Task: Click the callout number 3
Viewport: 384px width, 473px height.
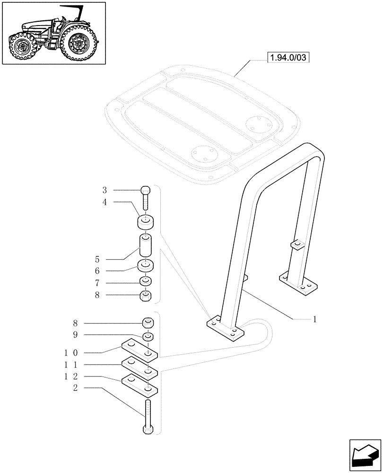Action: click(105, 190)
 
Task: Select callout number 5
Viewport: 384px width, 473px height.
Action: click(97, 259)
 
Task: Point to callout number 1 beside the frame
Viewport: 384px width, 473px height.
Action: click(314, 319)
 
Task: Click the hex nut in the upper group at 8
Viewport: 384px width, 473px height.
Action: click(146, 297)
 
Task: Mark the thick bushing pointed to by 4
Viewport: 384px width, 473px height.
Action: click(146, 222)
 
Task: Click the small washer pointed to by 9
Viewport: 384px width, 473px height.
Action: click(148, 337)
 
